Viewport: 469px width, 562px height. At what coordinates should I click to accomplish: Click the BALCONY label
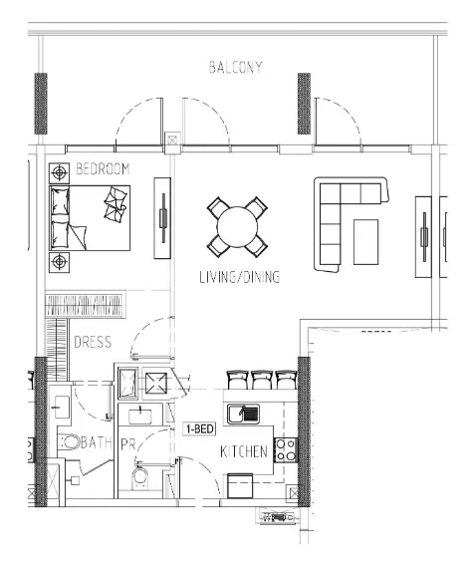pos(235,67)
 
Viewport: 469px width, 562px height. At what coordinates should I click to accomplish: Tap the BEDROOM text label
pos(103,168)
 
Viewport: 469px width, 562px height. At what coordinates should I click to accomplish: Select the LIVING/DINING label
pos(239,277)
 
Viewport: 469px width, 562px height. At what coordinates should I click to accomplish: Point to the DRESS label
pos(93,343)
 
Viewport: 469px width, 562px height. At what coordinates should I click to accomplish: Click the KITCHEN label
pos(244,452)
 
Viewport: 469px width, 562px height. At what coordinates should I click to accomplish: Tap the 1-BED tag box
pos(200,428)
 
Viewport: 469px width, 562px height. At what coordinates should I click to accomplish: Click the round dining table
pos(237,226)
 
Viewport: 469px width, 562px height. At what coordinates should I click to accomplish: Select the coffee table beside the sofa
pos(365,242)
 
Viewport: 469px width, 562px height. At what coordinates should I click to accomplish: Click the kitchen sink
pos(244,414)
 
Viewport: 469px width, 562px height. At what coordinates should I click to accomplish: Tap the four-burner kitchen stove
pos(286,449)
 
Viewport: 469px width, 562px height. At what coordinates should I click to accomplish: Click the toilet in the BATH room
pos(69,442)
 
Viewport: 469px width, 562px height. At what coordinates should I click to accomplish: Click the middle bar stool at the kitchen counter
pos(262,380)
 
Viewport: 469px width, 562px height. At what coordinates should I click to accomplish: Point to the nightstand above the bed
pos(59,173)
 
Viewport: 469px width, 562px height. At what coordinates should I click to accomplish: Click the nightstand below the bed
pos(59,263)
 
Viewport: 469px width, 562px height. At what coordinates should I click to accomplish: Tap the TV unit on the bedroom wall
pos(162,218)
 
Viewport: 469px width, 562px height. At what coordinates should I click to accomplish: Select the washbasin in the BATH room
pos(62,408)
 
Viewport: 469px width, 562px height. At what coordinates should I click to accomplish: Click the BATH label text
pos(97,443)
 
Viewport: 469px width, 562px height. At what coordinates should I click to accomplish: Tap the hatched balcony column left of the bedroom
pos(41,104)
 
